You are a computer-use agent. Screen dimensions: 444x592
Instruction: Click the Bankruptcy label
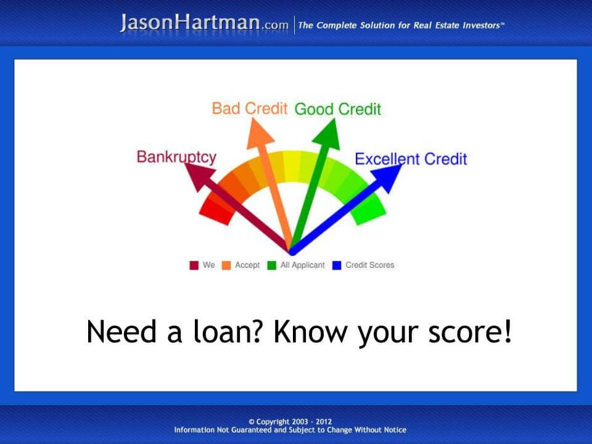coord(176,157)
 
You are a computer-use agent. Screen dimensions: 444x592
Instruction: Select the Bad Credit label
coord(250,109)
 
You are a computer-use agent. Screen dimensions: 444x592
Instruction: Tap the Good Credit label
coord(337,110)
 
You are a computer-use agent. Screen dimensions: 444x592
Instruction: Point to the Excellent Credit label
coord(411,159)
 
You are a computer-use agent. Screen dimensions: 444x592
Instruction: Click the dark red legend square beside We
coord(194,266)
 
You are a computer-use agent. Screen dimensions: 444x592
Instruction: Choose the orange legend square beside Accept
coord(226,266)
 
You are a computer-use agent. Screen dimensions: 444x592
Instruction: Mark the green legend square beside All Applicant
coord(271,266)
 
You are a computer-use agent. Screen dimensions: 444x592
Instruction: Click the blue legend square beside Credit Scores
coord(337,266)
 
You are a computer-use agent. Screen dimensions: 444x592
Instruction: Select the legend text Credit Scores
coord(369,265)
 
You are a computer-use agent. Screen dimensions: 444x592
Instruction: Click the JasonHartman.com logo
coord(204,23)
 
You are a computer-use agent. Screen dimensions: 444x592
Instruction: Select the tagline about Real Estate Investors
coord(401,25)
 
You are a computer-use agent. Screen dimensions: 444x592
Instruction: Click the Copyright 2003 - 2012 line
coord(290,421)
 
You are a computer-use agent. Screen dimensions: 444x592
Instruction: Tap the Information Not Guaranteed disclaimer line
coord(290,430)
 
